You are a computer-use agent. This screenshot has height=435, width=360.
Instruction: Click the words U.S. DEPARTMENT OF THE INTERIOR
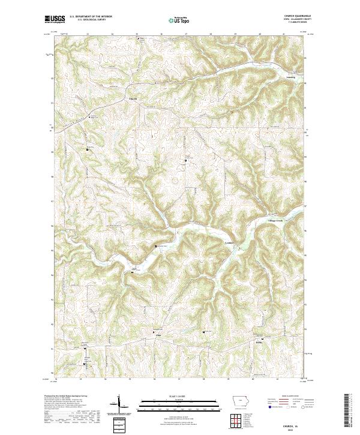pos(91,17)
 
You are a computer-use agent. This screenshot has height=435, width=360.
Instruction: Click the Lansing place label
pos(274,77)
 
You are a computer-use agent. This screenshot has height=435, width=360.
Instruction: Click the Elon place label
pos(158,335)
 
